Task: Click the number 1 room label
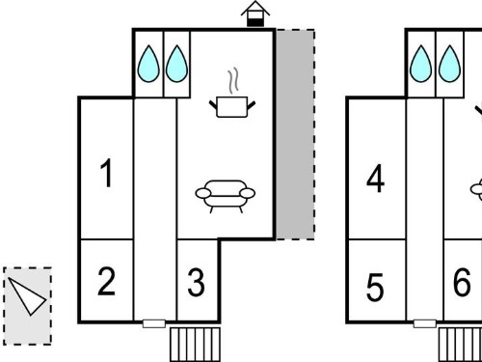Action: click(x=107, y=173)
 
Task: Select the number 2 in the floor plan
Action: click(x=106, y=282)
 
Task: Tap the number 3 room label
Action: click(x=196, y=283)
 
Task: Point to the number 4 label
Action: click(x=375, y=179)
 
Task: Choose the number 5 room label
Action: click(x=375, y=287)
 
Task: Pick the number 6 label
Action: click(x=462, y=282)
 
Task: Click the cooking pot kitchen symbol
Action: click(x=232, y=107)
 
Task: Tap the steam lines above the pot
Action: click(x=233, y=80)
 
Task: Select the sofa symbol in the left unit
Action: click(x=226, y=196)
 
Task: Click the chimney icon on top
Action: click(x=255, y=14)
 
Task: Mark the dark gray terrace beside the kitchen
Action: click(x=295, y=134)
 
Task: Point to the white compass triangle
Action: click(x=27, y=296)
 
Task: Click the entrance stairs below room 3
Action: click(x=195, y=345)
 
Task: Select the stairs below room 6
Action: click(x=460, y=345)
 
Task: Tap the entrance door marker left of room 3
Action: click(x=154, y=323)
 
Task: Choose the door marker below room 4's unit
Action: click(x=425, y=323)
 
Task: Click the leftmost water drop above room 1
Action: click(x=148, y=64)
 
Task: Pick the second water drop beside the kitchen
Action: click(x=176, y=64)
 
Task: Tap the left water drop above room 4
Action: click(x=421, y=64)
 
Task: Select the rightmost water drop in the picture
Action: click(x=449, y=64)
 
